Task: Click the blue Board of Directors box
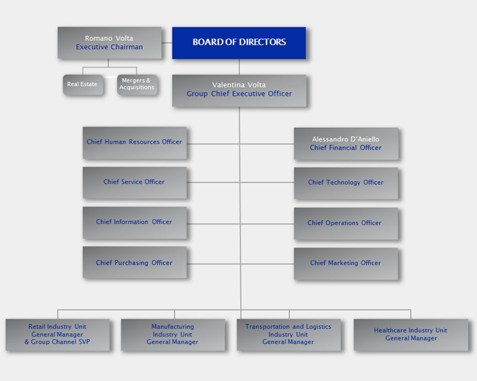click(x=238, y=43)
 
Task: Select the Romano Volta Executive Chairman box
click(x=109, y=43)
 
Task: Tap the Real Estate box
click(x=83, y=84)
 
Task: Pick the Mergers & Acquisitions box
click(x=137, y=84)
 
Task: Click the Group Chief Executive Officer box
click(x=239, y=90)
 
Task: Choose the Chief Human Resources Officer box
click(x=134, y=143)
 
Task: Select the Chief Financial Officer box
click(x=346, y=144)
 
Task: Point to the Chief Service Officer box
click(x=134, y=182)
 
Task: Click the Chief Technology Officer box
click(x=346, y=182)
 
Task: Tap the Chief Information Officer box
click(x=134, y=222)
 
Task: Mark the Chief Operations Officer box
click(x=346, y=223)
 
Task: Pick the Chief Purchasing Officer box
click(x=134, y=262)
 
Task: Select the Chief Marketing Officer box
click(x=346, y=263)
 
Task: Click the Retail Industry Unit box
click(x=57, y=334)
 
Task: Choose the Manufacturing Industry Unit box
click(x=172, y=334)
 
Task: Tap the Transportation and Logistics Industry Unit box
click(x=288, y=334)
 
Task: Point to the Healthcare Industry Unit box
click(x=410, y=334)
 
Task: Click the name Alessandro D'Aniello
click(x=346, y=139)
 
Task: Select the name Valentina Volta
click(x=239, y=85)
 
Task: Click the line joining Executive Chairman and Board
click(x=166, y=43)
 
